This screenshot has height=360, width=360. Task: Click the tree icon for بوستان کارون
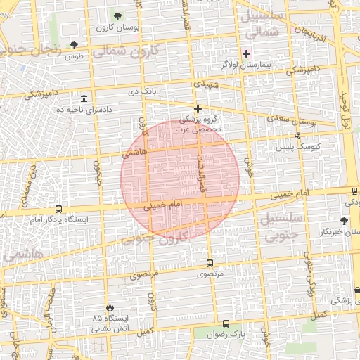coord(117,16)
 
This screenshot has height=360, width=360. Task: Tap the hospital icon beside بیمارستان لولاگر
coord(245,53)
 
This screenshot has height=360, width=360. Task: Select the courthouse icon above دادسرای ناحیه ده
coord(84,98)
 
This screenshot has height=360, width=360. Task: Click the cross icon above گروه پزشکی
coord(198,108)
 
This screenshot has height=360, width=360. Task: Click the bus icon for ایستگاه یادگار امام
coord(58,209)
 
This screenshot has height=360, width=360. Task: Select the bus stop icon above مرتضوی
coord(210,263)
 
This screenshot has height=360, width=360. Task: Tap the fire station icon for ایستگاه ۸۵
coord(110,307)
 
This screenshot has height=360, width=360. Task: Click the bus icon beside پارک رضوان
coord(226,323)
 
